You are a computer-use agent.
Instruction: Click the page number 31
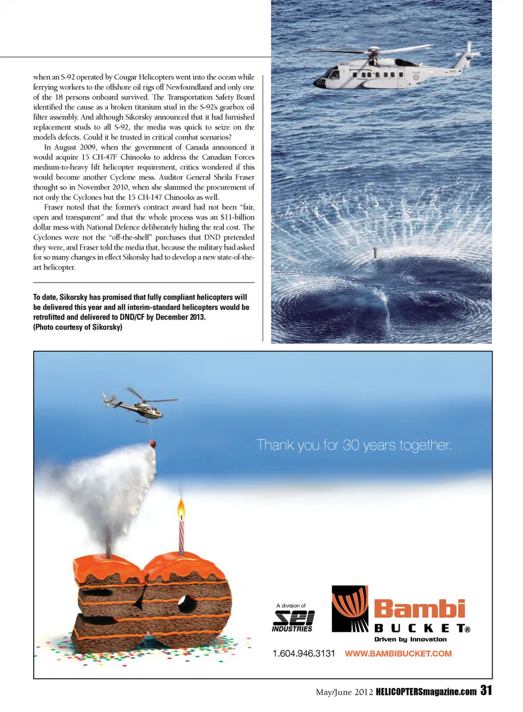click(x=486, y=690)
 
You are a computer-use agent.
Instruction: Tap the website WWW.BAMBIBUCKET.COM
click(x=398, y=653)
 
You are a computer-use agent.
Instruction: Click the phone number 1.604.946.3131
click(x=303, y=653)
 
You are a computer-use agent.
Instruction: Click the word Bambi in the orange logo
click(x=419, y=609)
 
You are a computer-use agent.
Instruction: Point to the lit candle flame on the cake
click(x=181, y=510)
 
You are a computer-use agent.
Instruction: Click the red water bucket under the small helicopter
click(x=154, y=443)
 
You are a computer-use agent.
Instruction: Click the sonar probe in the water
click(x=375, y=253)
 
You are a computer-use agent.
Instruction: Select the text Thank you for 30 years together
click(x=354, y=445)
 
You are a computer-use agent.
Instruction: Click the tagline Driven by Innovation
click(x=410, y=640)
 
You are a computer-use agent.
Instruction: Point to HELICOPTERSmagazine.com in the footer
click(x=426, y=692)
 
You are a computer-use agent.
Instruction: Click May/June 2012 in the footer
click(x=344, y=692)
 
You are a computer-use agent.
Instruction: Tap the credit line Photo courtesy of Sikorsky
click(x=78, y=327)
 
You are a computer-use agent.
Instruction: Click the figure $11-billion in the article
click(x=238, y=217)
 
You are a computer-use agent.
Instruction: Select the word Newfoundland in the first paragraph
click(x=188, y=87)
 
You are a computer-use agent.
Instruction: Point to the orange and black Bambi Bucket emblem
click(x=350, y=608)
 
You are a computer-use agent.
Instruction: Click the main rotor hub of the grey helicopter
click(x=373, y=53)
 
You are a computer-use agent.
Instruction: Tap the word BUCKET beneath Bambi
click(x=419, y=628)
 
